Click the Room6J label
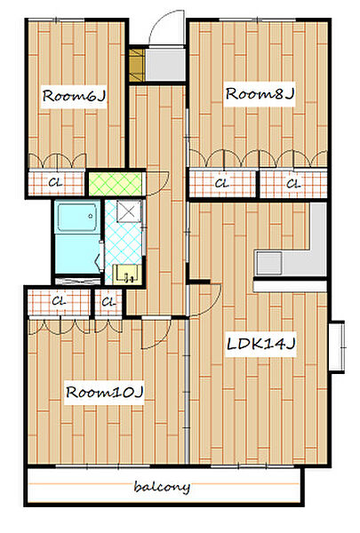coord(74,96)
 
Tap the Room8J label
coord(260,94)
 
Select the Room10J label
coord(105,393)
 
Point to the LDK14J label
coord(260,344)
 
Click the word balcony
coord(162,487)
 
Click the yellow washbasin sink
coord(127,274)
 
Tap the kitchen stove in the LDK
coord(269,263)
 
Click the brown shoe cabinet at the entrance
coord(137,65)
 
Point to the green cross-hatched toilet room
coord(116,184)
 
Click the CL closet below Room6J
coord(56,183)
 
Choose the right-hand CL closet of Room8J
coord(293,184)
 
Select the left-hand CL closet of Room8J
coord(222,184)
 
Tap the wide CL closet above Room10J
coord(59,301)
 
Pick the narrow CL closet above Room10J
coord(108,301)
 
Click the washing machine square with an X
coord(129,211)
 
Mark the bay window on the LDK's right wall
coord(337,346)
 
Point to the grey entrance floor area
coord(165,65)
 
